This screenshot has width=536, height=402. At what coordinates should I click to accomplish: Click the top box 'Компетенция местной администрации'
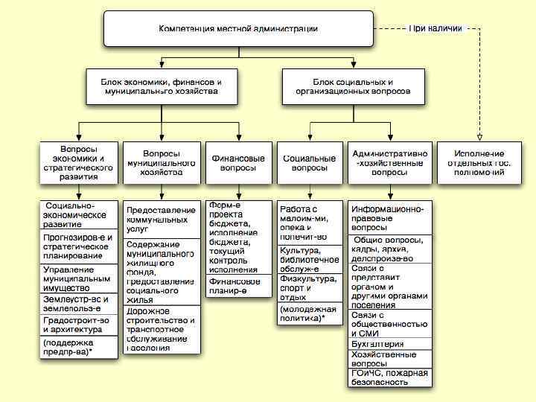237,29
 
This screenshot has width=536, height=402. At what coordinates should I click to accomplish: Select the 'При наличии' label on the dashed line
435,28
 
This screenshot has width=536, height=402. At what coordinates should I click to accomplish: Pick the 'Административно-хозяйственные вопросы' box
389,162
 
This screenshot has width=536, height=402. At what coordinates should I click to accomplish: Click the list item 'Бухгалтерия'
389,344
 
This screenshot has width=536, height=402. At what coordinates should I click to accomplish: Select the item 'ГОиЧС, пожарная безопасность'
389,377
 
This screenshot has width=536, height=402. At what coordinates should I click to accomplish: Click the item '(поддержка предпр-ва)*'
78,347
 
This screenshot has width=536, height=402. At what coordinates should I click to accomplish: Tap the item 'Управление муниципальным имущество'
78,278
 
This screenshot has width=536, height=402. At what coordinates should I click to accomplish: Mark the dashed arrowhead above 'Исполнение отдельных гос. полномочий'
476,135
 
